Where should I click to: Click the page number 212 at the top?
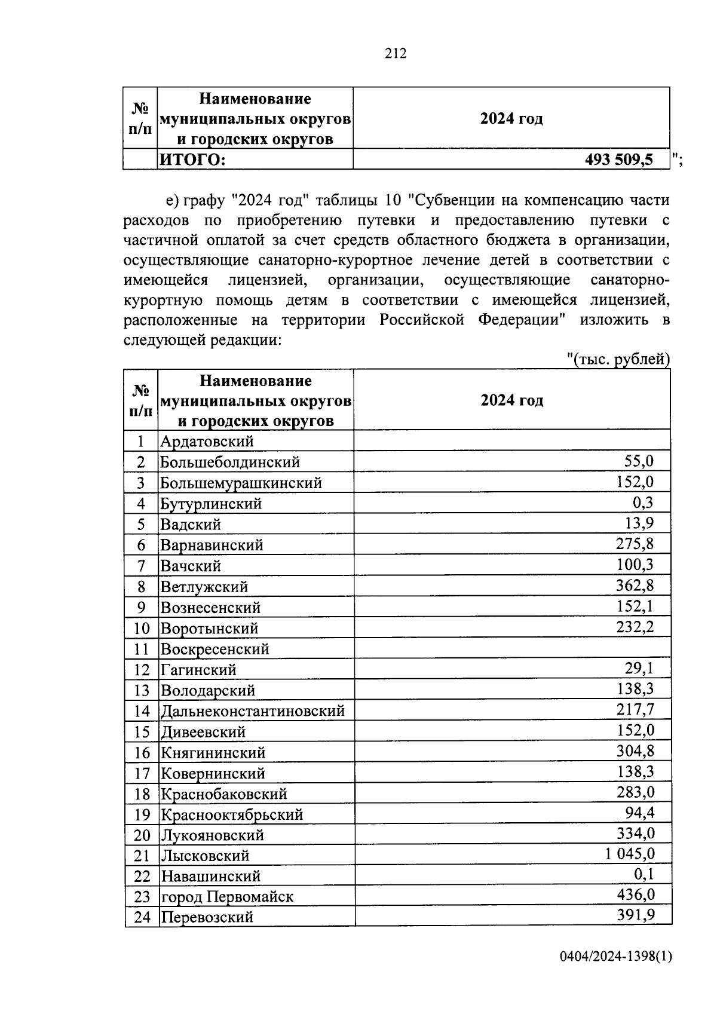pos(396,54)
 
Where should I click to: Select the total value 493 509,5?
pos(619,160)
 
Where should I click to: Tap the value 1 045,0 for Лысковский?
pos(629,854)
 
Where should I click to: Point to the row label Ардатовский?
pos(207,442)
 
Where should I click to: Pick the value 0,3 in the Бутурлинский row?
pos(643,503)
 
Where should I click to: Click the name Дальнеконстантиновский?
pos(253,711)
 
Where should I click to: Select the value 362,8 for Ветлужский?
pos(635,585)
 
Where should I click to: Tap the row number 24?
pos(142,917)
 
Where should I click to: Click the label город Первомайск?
pos(227,896)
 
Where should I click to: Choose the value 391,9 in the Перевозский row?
pos(635,915)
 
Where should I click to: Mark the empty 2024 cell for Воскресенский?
pos(512,648)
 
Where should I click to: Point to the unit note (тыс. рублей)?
pos(618,359)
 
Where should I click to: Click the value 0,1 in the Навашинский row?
pos(644,875)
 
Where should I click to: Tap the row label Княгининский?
pos(213,752)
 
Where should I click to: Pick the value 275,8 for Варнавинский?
pos(635,544)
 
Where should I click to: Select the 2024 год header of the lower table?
pos(512,400)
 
